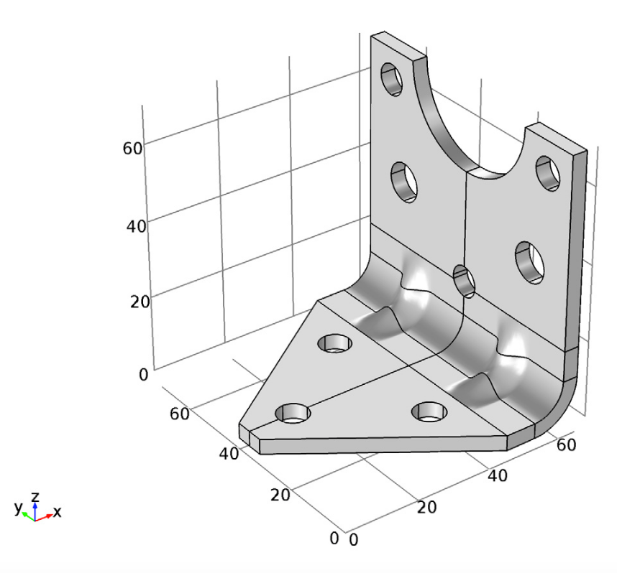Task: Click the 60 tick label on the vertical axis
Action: (133, 148)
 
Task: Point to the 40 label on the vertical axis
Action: (133, 225)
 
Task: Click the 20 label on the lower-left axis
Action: (280, 495)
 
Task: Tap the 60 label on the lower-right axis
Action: (566, 444)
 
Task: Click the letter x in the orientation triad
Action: (58, 513)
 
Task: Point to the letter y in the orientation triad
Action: (19, 508)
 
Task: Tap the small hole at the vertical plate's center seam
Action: (465, 281)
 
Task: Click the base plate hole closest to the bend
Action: (335, 343)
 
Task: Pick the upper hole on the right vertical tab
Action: (548, 172)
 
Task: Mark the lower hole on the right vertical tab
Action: (529, 261)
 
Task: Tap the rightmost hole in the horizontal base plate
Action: (429, 411)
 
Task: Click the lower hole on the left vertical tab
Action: (404, 180)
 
